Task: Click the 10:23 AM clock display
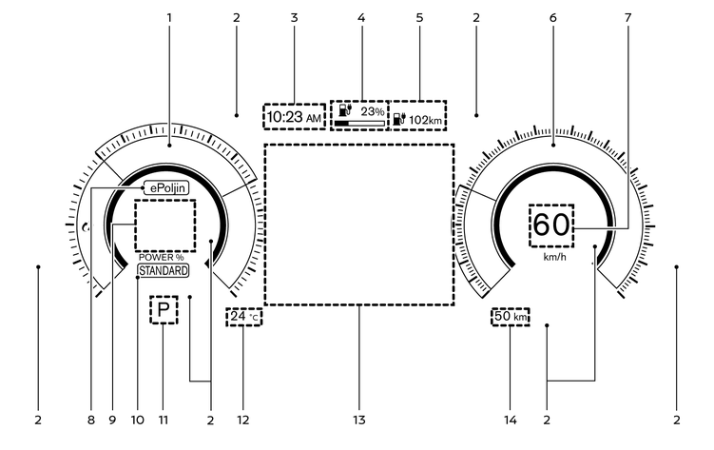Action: pyautogui.click(x=294, y=117)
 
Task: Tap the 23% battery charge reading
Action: pyautogui.click(x=373, y=111)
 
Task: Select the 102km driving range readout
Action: pyautogui.click(x=425, y=120)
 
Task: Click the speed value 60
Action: pyautogui.click(x=551, y=225)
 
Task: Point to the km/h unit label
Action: pyautogui.click(x=554, y=257)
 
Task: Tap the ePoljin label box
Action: pyautogui.click(x=166, y=187)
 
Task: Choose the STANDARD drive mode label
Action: pyautogui.click(x=163, y=271)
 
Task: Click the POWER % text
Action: pyautogui.click(x=162, y=257)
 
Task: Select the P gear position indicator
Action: pyautogui.click(x=164, y=310)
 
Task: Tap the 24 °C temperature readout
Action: pyautogui.click(x=243, y=317)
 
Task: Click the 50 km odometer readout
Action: pyautogui.click(x=510, y=316)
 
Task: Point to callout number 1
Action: pyautogui.click(x=169, y=18)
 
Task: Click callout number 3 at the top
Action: pyautogui.click(x=294, y=18)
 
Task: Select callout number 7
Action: pyautogui.click(x=627, y=18)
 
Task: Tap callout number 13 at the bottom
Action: pyautogui.click(x=359, y=420)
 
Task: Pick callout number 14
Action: pyautogui.click(x=511, y=420)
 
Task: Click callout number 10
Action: pyautogui.click(x=138, y=420)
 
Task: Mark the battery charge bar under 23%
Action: pyautogui.click(x=359, y=124)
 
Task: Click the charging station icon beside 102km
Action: pyautogui.click(x=399, y=119)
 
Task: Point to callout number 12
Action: pyautogui.click(x=243, y=420)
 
